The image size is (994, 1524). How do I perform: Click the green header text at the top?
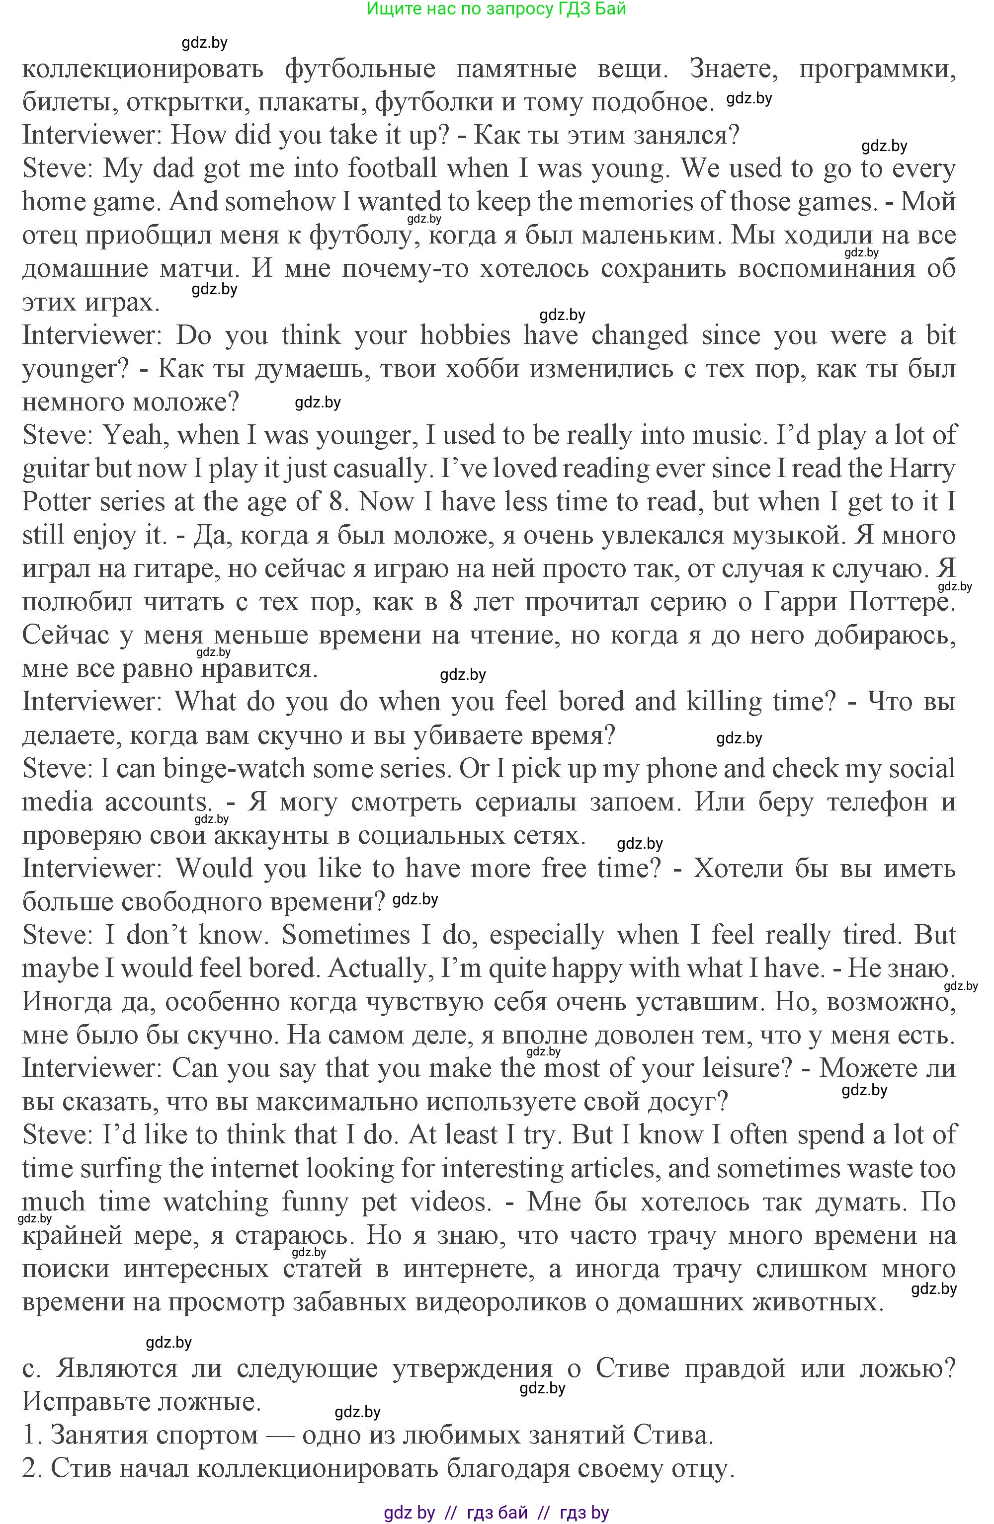pyautogui.click(x=497, y=9)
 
